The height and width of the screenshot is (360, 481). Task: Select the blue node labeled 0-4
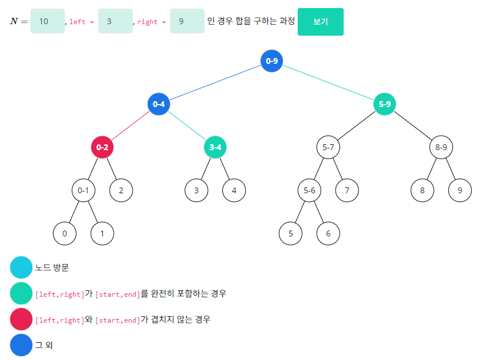point(159,104)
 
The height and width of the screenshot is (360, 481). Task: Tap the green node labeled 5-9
point(384,104)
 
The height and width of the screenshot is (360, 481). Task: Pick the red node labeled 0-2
point(102,147)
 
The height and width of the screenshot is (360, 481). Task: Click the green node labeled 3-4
point(215,147)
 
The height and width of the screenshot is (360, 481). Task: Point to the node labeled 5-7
point(328,147)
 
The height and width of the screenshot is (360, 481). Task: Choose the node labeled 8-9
point(441,147)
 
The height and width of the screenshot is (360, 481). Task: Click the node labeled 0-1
point(83,190)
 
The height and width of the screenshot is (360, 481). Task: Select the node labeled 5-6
point(309,190)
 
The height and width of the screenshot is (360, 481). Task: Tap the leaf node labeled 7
point(347,190)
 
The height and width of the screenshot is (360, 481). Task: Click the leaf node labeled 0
point(64,233)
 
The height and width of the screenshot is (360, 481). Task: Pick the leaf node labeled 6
point(328,233)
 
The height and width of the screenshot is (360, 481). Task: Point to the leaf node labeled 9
point(460,190)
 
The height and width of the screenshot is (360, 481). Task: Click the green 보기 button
point(320,22)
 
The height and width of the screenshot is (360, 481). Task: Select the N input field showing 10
point(47,21)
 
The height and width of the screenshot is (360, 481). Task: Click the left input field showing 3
point(115,21)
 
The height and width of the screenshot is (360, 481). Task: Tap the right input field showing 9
point(187,21)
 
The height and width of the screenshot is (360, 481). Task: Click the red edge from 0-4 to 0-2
point(130,126)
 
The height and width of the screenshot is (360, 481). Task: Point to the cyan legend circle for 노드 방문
point(21,267)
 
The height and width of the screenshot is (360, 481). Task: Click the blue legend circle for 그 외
point(21,345)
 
